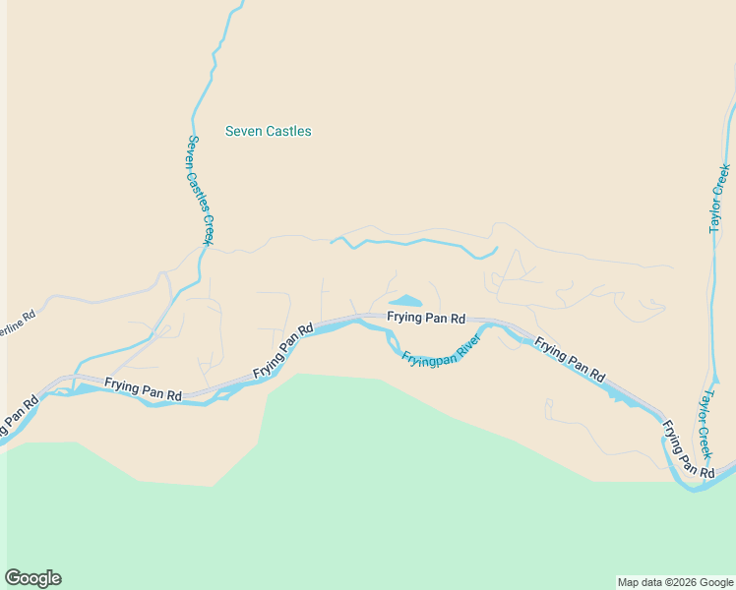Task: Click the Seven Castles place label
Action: [268, 131]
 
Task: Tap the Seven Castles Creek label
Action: [200, 190]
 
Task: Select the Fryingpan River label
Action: [441, 351]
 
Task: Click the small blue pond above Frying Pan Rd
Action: [405, 301]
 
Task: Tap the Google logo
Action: [32, 578]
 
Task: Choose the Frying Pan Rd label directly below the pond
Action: [425, 318]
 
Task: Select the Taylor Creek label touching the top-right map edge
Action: [719, 198]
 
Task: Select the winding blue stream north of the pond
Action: [413, 242]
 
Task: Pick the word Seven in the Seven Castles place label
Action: [241, 131]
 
